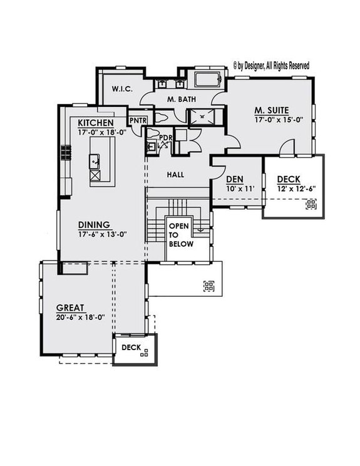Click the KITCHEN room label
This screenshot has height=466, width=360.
coord(96,123)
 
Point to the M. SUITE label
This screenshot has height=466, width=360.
coord(271,110)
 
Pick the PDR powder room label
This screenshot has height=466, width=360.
coord(165,138)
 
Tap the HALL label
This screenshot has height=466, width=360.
coord(175,175)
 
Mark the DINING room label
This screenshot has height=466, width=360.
coord(94,225)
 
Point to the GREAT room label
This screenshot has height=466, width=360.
coord(71,308)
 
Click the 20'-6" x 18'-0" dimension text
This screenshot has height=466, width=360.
coord(80,317)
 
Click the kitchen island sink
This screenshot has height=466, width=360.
coord(95,161)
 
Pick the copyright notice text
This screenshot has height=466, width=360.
coord(270,65)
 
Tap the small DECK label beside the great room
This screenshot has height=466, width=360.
coord(130,347)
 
